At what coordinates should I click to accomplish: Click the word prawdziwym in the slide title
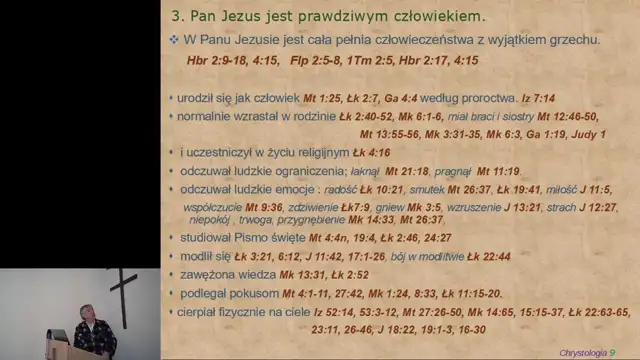[x=344, y=17]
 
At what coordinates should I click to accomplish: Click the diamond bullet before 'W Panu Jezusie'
[x=174, y=39]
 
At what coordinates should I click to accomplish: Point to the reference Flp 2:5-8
[x=319, y=61]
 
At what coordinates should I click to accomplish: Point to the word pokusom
[x=254, y=293]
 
